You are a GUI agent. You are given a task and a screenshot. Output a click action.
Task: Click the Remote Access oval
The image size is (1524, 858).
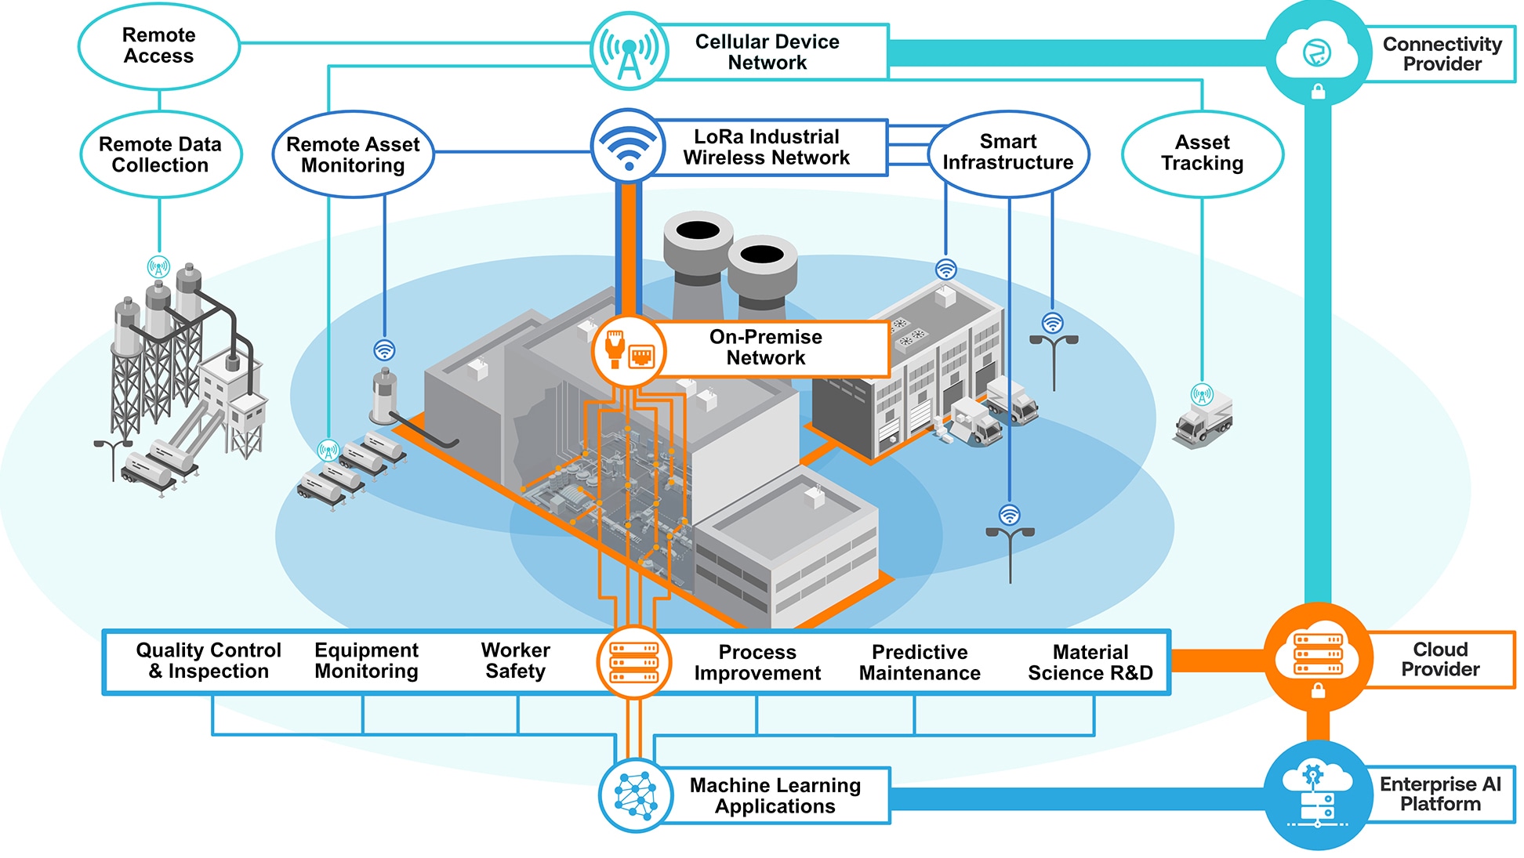159,45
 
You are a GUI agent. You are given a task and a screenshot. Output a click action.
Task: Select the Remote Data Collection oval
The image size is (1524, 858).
160,154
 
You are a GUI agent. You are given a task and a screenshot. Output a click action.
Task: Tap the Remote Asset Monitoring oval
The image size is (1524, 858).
353,154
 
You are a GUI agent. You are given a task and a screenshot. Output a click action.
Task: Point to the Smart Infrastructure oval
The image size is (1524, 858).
1008,152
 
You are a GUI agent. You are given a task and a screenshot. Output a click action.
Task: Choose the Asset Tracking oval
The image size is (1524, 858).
1202,153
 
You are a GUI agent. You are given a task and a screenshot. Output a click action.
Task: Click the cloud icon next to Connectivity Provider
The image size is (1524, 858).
1318,53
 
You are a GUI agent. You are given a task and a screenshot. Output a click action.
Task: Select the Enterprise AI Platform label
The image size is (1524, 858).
1440,794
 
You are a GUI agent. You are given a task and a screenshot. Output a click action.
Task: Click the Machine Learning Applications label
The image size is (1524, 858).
775,795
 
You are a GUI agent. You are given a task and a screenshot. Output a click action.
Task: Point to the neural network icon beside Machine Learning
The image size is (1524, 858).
636,795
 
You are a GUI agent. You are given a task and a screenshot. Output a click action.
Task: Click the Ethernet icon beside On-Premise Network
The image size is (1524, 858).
628,350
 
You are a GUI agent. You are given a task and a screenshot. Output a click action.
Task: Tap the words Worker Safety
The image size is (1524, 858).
515,661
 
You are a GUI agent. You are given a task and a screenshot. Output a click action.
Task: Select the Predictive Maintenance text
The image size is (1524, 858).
920,663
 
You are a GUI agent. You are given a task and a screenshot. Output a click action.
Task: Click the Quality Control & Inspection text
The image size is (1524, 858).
209,661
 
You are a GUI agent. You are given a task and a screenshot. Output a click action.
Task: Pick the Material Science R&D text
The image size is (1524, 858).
1090,663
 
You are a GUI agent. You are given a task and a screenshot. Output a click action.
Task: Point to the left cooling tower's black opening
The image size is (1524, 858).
698,230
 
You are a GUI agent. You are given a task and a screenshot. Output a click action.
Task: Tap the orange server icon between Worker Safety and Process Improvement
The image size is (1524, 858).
634,662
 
